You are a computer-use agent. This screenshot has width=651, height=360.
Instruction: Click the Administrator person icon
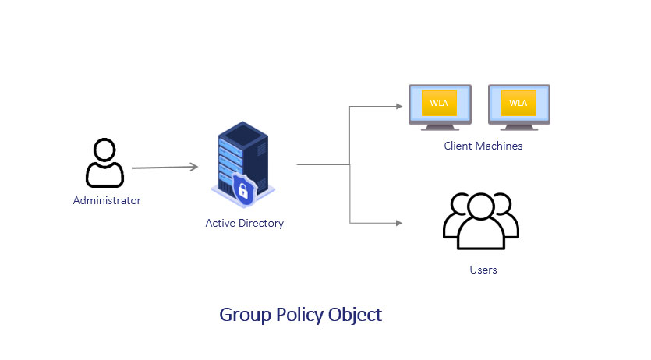click(x=104, y=163)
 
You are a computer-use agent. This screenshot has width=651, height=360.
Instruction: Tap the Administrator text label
click(x=107, y=200)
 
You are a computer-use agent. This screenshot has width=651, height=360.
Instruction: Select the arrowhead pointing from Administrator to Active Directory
click(x=193, y=167)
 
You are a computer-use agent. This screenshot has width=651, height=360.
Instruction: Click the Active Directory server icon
click(x=243, y=164)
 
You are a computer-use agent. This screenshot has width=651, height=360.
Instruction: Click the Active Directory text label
click(x=245, y=223)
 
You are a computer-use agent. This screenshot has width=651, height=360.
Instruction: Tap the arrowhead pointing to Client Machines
click(x=399, y=106)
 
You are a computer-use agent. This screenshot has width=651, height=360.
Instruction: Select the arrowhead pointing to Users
click(x=399, y=223)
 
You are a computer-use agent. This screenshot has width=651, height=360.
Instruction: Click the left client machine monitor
click(x=440, y=108)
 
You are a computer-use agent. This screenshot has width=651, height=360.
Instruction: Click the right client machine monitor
click(x=519, y=108)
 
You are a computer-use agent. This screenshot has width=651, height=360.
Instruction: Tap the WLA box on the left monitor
click(x=439, y=104)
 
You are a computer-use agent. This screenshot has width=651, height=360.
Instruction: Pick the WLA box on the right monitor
click(x=518, y=104)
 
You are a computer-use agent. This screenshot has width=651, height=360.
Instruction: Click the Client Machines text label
click(x=483, y=146)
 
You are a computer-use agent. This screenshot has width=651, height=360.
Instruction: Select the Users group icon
click(x=481, y=221)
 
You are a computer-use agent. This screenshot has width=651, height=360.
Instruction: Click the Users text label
click(x=483, y=270)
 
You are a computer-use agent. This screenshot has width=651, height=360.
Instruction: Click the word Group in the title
click(x=245, y=316)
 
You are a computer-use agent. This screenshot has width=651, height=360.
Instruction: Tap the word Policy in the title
click(x=299, y=316)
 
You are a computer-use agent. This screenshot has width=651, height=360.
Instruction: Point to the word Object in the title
click(x=355, y=316)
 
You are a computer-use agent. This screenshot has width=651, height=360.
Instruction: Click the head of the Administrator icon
click(x=104, y=150)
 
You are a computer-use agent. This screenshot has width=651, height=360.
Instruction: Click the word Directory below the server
click(x=261, y=223)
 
